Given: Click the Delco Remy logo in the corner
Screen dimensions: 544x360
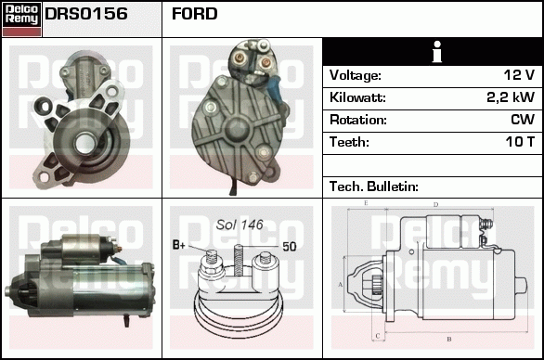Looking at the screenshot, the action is click(x=21, y=19).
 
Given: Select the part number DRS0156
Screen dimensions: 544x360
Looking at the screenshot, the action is click(x=86, y=14).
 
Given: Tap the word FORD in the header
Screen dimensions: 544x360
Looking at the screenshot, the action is click(x=194, y=14).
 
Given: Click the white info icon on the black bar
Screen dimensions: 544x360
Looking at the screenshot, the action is click(x=437, y=52).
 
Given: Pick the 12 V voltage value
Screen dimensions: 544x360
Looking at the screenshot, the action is click(x=519, y=75).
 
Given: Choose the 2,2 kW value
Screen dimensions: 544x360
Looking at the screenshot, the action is click(x=511, y=97).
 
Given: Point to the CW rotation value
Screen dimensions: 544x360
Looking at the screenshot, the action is click(x=523, y=120).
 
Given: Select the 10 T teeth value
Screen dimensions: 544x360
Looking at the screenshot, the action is click(x=520, y=142).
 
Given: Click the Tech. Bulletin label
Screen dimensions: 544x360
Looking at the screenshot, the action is click(x=374, y=186).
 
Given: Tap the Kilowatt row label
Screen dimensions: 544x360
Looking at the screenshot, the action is click(x=357, y=97).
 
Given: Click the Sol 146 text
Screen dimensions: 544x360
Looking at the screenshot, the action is click(x=240, y=225).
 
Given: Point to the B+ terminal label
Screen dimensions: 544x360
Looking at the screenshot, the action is click(x=179, y=245).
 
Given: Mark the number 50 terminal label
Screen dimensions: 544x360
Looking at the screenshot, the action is click(x=290, y=247).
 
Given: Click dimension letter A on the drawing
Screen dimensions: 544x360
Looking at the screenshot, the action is click(x=340, y=285).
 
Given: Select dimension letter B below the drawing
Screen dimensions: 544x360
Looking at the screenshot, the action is click(x=449, y=340).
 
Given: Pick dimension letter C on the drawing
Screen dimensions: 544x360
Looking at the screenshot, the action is click(x=378, y=336).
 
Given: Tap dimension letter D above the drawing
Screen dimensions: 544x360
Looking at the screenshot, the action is click(x=435, y=205).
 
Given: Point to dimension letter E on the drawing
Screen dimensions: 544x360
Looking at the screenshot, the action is click(x=366, y=203).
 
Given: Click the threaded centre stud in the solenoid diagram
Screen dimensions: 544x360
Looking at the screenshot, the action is click(x=238, y=260).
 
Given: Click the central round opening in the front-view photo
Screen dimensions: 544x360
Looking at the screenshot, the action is click(x=85, y=144).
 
